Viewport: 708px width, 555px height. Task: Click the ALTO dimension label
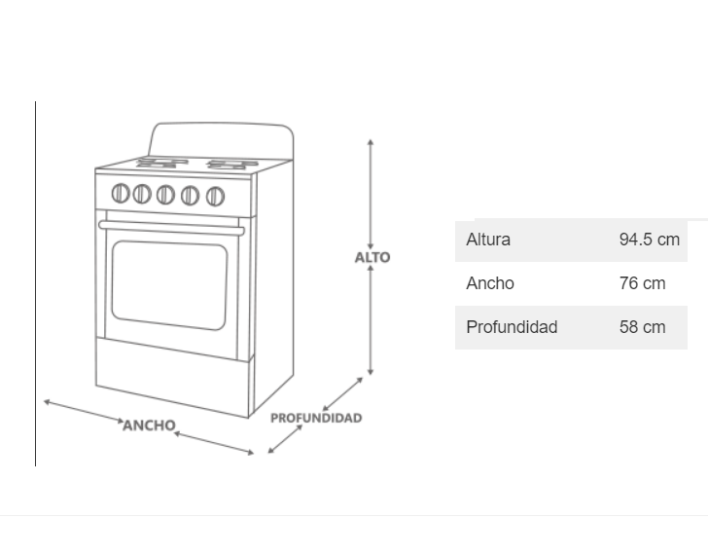(x=372, y=257)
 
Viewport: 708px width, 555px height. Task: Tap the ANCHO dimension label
(x=149, y=425)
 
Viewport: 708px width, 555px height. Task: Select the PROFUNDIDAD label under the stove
(x=316, y=418)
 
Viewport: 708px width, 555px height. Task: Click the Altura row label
(x=488, y=240)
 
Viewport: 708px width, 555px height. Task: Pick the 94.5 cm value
(x=649, y=240)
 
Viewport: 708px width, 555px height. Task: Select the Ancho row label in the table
(x=490, y=283)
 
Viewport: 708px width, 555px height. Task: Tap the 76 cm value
(x=642, y=283)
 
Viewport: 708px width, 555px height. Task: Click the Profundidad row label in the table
(x=512, y=327)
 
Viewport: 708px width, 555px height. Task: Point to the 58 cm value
(x=642, y=327)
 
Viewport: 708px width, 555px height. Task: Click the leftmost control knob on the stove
(x=121, y=193)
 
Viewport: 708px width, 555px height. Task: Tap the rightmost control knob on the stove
(x=215, y=197)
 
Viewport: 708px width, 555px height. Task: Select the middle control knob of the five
(x=166, y=195)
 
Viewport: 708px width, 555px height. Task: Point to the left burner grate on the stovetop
(x=162, y=161)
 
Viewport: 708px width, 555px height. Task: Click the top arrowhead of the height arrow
(x=371, y=142)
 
